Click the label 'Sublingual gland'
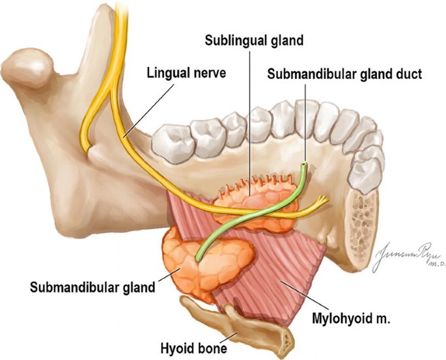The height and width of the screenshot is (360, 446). pyautogui.click(x=254, y=40)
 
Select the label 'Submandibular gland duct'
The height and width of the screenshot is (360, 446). pyautogui.click(x=344, y=74)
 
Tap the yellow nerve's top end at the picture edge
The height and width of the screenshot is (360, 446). pyautogui.click(x=120, y=3)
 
